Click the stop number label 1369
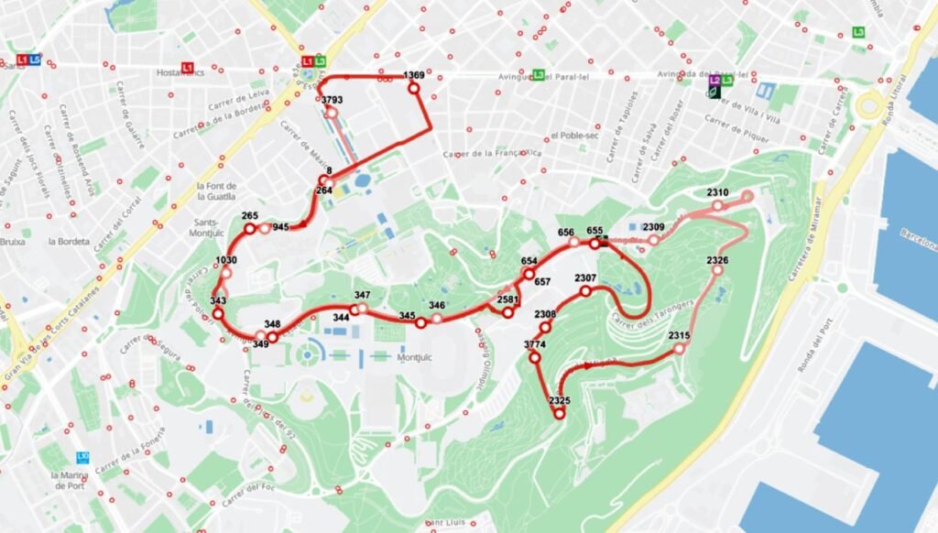pos(414,75)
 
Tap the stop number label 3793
pos(333,100)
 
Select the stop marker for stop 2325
pos(560,414)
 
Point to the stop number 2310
pos(717,192)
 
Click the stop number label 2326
pos(718,261)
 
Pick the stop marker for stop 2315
pos(679,348)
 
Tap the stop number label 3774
pos(535,344)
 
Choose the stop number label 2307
pos(585,278)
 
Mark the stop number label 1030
pos(226,260)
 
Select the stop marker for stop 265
pos(249,228)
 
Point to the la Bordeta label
pos(70,242)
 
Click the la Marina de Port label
pos(82,481)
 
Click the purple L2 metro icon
pos(714,81)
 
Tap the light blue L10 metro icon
pos(82,456)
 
